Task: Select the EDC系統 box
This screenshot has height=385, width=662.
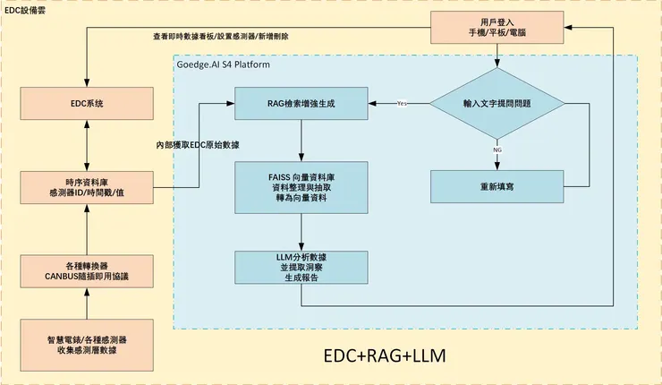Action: (87, 104)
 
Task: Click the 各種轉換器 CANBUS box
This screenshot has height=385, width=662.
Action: (87, 269)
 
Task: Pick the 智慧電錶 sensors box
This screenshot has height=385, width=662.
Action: (87, 345)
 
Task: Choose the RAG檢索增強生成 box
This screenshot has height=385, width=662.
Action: (301, 104)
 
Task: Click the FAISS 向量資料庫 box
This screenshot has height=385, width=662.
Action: (301, 187)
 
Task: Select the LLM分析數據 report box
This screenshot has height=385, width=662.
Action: (301, 269)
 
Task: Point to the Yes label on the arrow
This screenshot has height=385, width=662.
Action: (402, 104)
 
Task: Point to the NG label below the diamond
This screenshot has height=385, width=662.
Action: (498, 151)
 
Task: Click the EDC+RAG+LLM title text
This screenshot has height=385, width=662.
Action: (384, 355)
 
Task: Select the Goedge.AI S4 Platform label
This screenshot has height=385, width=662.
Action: (223, 64)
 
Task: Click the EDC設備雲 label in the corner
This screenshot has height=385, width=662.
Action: (25, 7)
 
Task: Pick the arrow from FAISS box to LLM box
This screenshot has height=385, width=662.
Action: (301, 232)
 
